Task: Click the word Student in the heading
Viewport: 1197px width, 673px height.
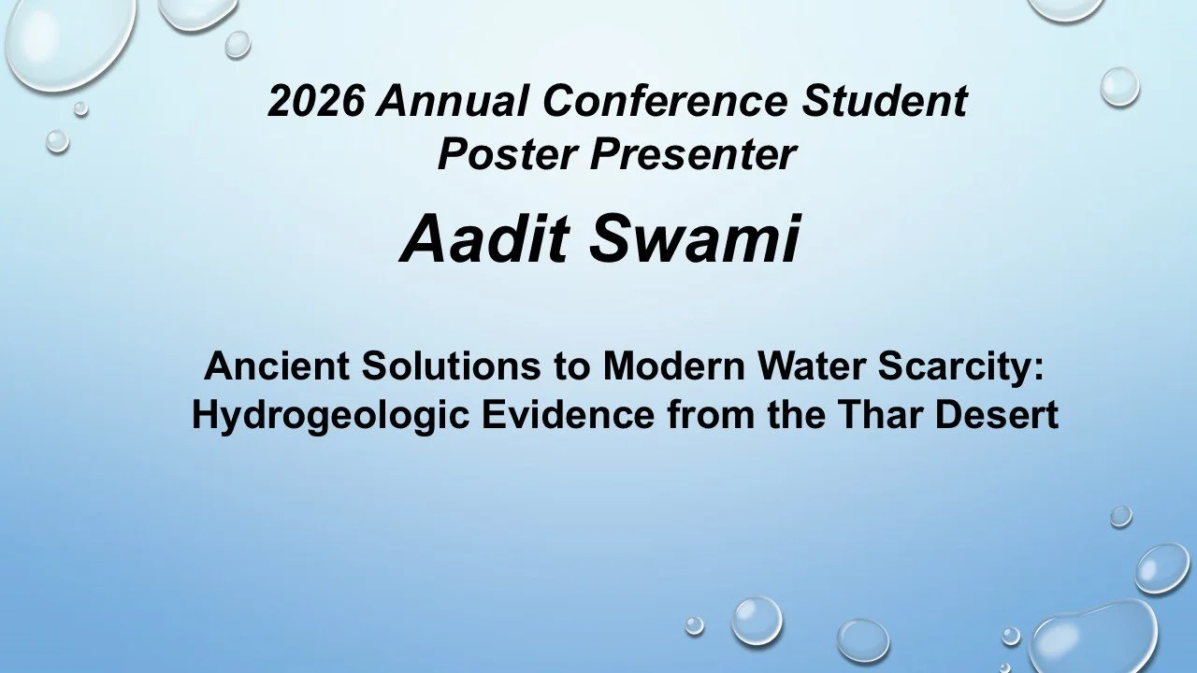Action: pos(884,101)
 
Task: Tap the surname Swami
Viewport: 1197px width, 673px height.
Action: pos(694,238)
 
